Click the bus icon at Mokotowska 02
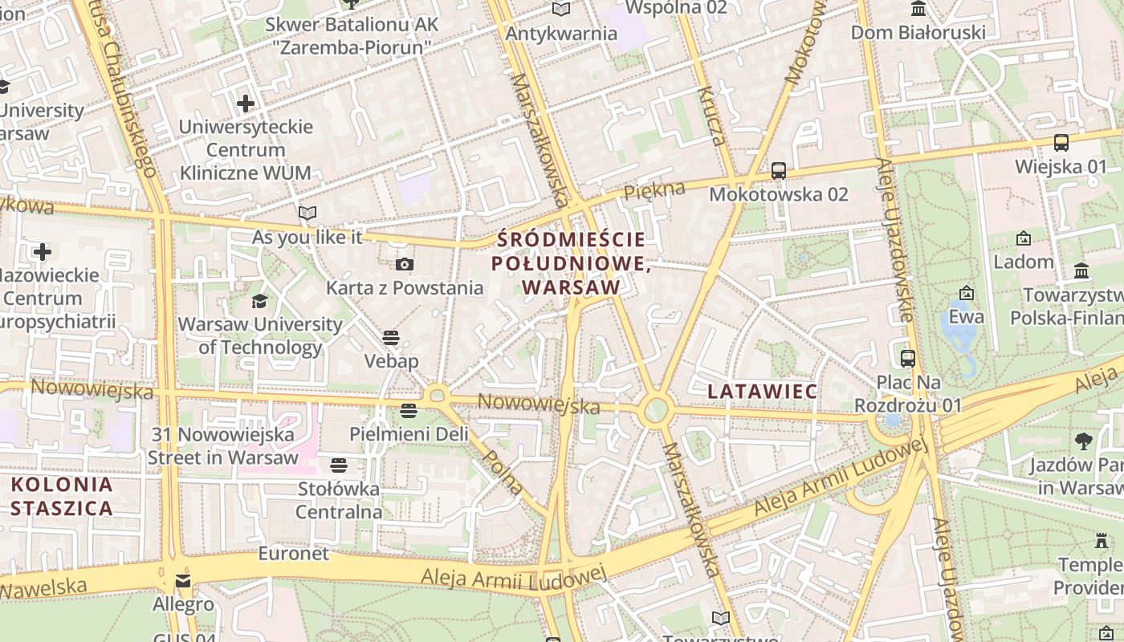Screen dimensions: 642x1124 pos(778,170)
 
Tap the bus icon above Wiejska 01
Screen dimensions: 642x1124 pos(1061,143)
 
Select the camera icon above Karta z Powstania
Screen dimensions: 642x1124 pos(405,264)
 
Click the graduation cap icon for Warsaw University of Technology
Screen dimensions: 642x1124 pos(259,301)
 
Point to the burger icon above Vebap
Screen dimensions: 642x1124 pos(391,337)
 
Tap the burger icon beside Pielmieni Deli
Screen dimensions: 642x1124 pos(409,411)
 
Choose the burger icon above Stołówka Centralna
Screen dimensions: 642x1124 pos(338,465)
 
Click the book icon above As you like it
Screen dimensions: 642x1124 pos(307,213)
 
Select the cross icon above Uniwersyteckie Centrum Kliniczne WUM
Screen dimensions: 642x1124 pos(246,104)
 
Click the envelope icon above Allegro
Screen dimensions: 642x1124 pos(183,580)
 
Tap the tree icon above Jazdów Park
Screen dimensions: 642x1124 pos(1083,441)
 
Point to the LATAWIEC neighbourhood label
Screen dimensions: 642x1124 pos(763,392)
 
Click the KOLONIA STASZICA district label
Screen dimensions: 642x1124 pos(62,496)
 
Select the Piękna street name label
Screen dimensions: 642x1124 pos(654,191)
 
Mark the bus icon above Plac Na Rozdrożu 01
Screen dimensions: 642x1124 pos(908,358)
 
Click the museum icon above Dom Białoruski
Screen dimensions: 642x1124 pos(918,9)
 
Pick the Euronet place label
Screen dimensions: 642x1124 pos(293,554)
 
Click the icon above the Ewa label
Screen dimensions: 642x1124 pos(967,293)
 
